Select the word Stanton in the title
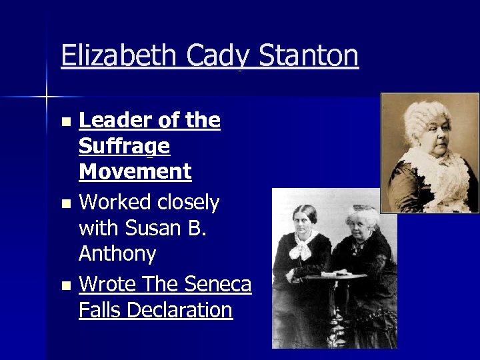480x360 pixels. pos(308,56)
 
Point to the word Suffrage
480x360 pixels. pos(124,146)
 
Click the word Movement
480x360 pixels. pos(135,171)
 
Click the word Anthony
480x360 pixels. pos(117,253)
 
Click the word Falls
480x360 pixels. pos(100,310)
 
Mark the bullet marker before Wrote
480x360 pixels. pos(65,286)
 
